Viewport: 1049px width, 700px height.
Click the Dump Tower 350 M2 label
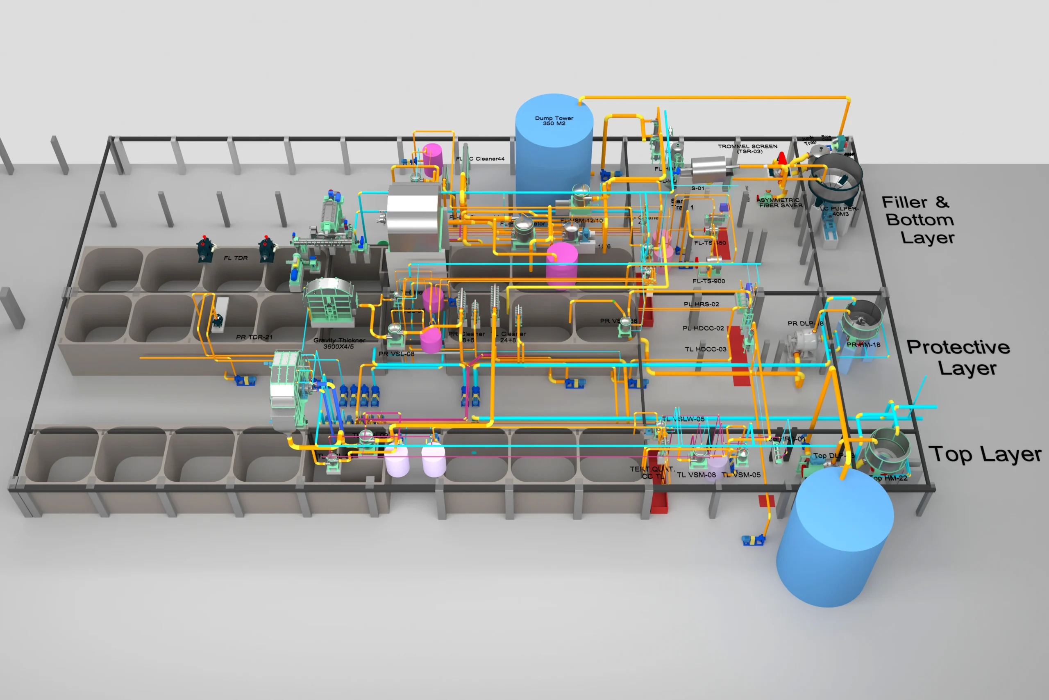(x=554, y=121)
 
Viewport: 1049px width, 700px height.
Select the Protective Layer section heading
(x=959, y=357)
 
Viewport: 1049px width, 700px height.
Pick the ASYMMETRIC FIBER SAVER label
(x=781, y=203)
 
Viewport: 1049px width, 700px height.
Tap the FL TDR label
(x=236, y=258)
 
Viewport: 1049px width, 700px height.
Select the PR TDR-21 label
(x=254, y=337)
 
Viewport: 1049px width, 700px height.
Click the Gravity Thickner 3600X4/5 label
(x=339, y=343)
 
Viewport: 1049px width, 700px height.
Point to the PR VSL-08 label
(x=396, y=354)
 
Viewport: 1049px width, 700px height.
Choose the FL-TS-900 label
(x=709, y=281)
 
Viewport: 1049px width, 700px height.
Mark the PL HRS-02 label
(x=701, y=304)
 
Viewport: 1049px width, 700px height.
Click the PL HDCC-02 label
(x=703, y=328)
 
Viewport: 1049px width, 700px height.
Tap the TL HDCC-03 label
(x=706, y=349)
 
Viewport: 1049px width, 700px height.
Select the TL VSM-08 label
(x=696, y=475)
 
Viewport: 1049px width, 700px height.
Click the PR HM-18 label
(x=863, y=344)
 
